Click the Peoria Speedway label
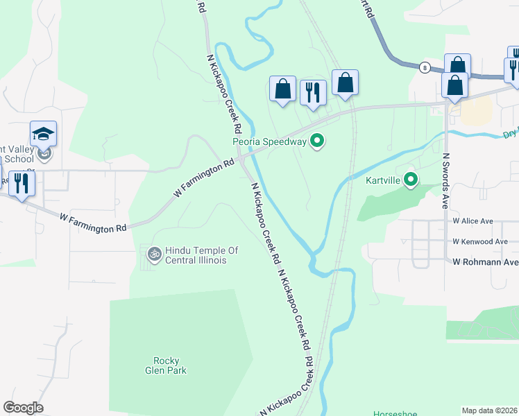click(x=269, y=142)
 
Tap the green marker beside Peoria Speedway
click(x=318, y=141)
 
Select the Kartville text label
click(x=384, y=180)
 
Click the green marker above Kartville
click(x=411, y=180)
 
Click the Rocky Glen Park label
click(x=167, y=365)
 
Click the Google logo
click(x=23, y=408)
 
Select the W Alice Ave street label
click(x=473, y=221)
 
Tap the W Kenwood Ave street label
click(x=480, y=241)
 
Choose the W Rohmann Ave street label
click(x=486, y=262)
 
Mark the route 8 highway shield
click(x=424, y=67)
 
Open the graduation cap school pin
click(x=43, y=133)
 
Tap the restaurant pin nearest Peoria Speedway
click(x=313, y=92)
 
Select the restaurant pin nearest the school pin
click(x=22, y=183)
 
